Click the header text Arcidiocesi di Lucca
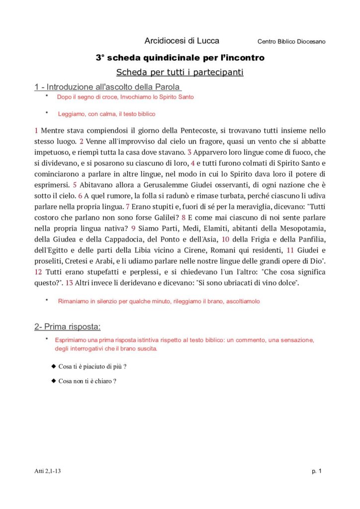[181, 41]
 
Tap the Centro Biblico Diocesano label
[291, 41]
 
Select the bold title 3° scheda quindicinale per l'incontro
[180, 58]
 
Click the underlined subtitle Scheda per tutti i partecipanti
[180, 73]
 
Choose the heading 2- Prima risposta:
[68, 327]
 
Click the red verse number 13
[69, 283]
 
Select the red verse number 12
[38, 272]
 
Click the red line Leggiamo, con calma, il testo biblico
[106, 114]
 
